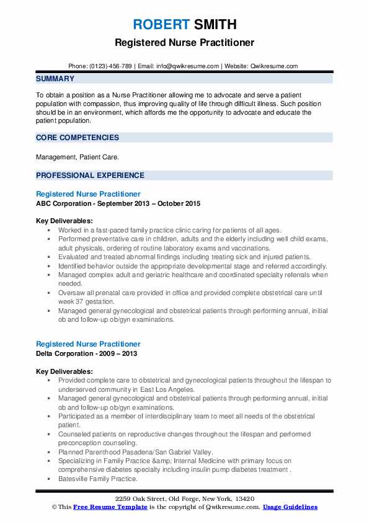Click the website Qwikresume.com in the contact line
pyautogui.click(x=275, y=66)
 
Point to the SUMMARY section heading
pyautogui.click(x=55, y=79)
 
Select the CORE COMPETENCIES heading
pyautogui.click(x=78, y=138)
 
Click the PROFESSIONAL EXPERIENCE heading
pyautogui.click(x=90, y=175)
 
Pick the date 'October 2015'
pyautogui.click(x=178, y=203)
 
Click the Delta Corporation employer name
pyautogui.click(x=69, y=353)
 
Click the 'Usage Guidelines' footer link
pyautogui.click(x=290, y=507)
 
